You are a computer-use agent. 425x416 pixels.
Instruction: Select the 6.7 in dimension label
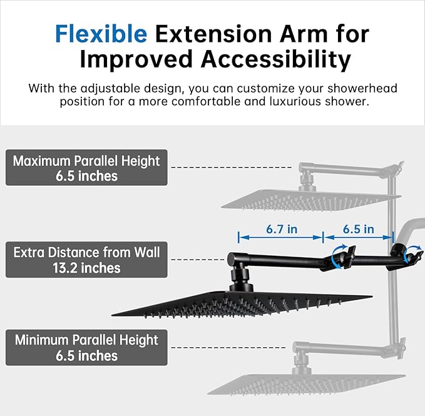pyautogui.click(x=281, y=229)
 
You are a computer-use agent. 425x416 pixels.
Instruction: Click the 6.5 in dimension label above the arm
pyautogui.click(x=358, y=229)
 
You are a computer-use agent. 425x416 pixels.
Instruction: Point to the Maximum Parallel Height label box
pyautogui.click(x=86, y=168)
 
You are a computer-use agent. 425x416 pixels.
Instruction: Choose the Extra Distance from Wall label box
pyautogui.click(x=86, y=260)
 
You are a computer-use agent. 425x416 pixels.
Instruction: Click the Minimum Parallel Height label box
pyautogui.click(x=86, y=348)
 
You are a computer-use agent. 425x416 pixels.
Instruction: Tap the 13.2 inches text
pyautogui.click(x=86, y=268)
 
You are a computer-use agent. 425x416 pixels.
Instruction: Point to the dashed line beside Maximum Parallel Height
pyautogui.click(x=232, y=168)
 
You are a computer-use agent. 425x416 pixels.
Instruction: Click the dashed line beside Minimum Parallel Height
pyautogui.click(x=232, y=347)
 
